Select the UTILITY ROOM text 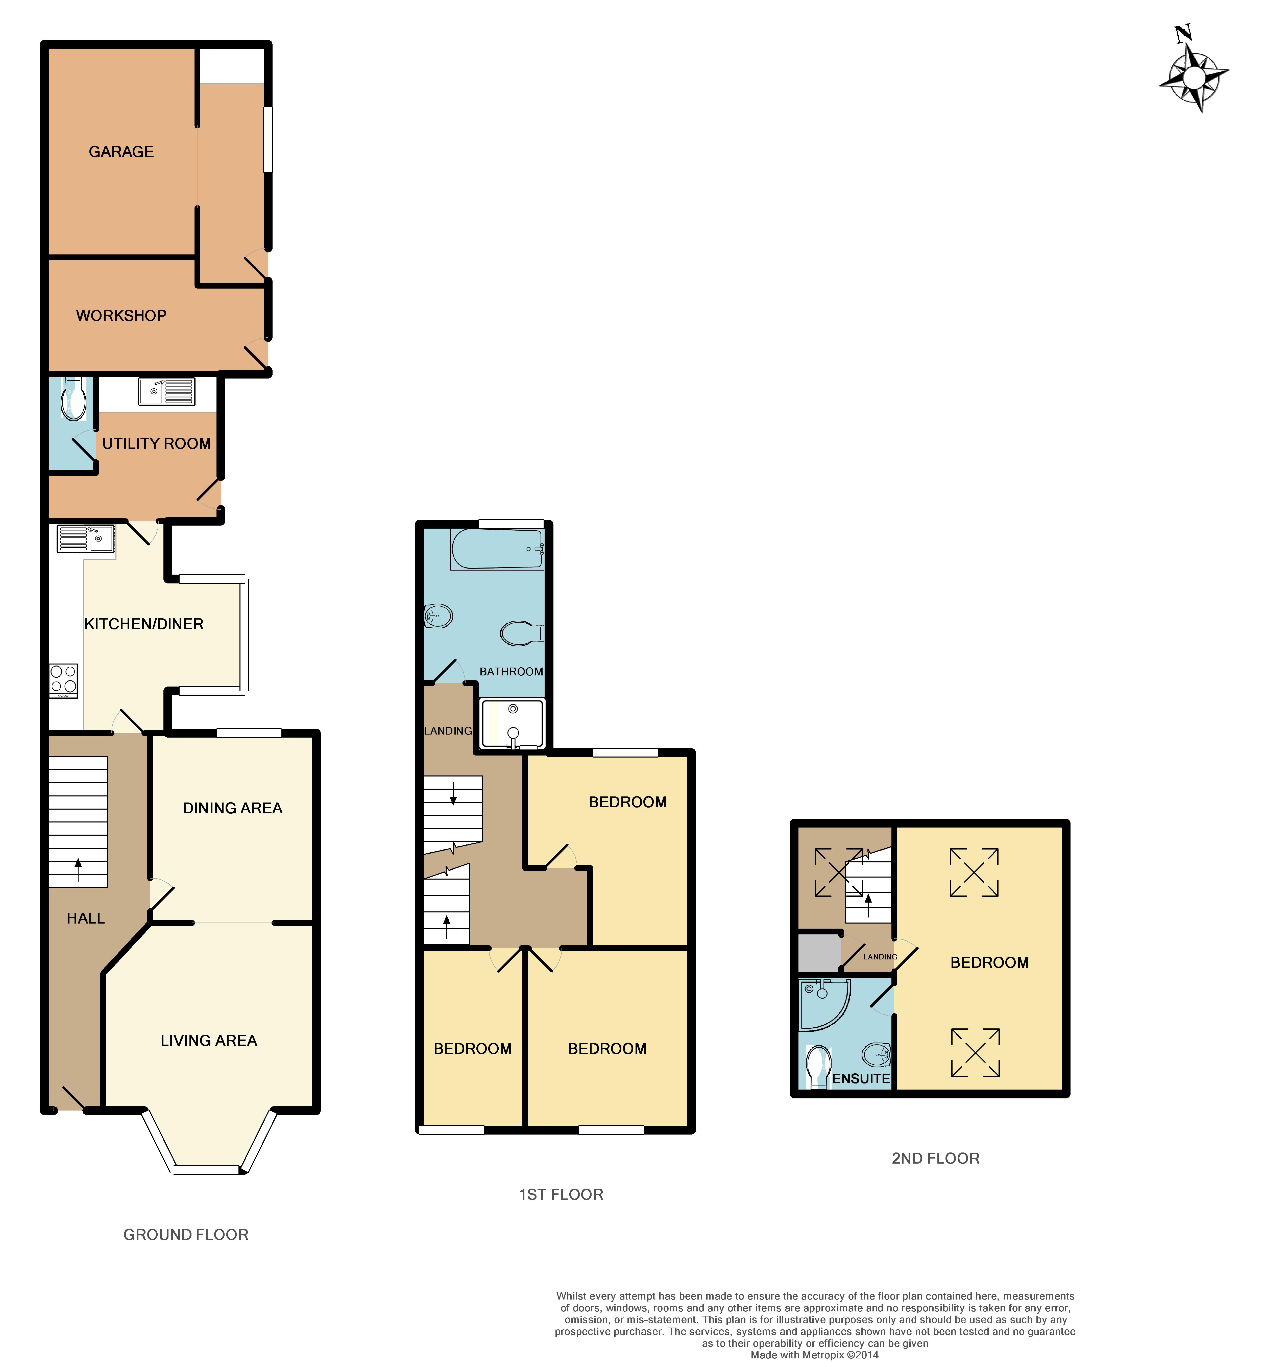tap(157, 444)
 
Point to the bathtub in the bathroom tap(497, 549)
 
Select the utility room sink tap(166, 392)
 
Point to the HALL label tap(85, 919)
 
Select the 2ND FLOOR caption tap(936, 1159)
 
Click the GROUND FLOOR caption tap(186, 1234)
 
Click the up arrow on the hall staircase tap(78, 870)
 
